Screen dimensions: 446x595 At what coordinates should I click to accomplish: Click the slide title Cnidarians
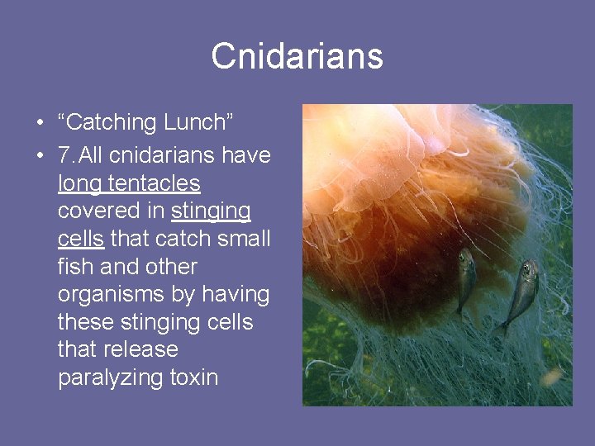297,57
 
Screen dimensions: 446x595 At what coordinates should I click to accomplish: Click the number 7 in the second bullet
64,155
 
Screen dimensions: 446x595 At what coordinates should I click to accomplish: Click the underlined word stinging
211,211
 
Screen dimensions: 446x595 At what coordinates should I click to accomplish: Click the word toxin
193,378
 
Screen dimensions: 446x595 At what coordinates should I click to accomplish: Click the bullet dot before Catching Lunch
40,124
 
